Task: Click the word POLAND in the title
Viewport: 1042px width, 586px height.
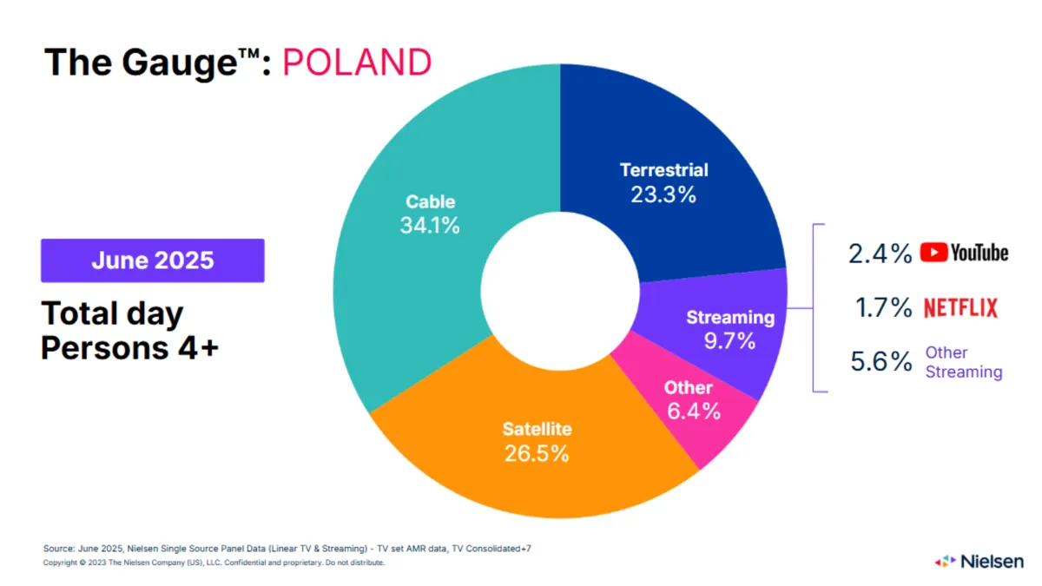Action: pyautogui.click(x=357, y=63)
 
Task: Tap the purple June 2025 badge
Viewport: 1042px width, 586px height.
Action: pyautogui.click(x=153, y=260)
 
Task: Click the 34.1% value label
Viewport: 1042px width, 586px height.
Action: pyautogui.click(x=431, y=227)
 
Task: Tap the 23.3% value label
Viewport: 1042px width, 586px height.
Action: pyautogui.click(x=663, y=194)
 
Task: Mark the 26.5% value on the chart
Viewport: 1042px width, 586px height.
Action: pyautogui.click(x=537, y=453)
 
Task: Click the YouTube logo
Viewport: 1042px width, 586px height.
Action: pyautogui.click(x=964, y=253)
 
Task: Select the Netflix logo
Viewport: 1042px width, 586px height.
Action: pyautogui.click(x=960, y=307)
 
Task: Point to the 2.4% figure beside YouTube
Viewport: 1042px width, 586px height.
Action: pyautogui.click(x=880, y=253)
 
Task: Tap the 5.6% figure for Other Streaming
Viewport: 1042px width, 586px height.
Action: pyautogui.click(x=880, y=362)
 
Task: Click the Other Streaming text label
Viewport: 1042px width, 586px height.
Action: pyautogui.click(x=963, y=362)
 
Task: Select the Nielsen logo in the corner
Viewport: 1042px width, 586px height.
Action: pyautogui.click(x=979, y=561)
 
